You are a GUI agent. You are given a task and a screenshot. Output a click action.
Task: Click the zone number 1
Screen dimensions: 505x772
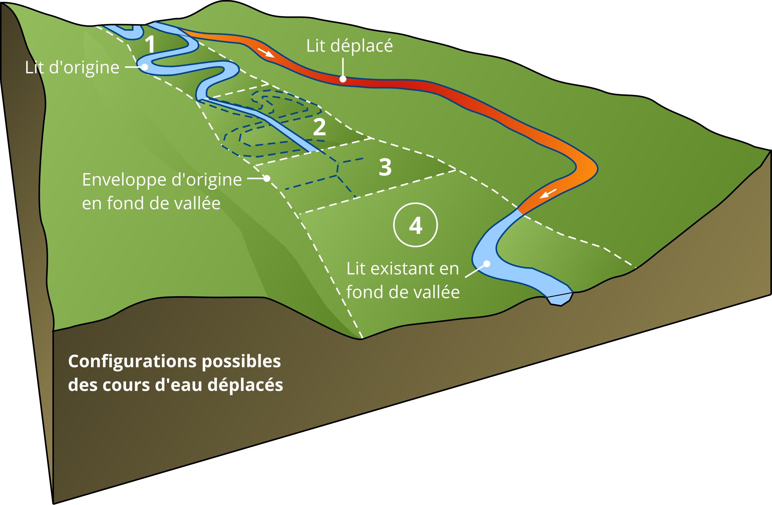point(150,44)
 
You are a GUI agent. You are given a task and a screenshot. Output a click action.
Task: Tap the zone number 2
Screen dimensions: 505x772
point(319,127)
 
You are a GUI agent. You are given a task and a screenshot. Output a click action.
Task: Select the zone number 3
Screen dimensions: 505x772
point(385,168)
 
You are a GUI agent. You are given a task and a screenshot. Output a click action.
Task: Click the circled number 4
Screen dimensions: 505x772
point(416,225)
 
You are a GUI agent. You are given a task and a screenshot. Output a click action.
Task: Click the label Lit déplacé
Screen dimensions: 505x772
point(349,46)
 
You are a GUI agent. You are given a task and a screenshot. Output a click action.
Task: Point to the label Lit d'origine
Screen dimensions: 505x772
point(72,68)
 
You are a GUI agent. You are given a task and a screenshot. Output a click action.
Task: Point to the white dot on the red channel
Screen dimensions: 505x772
point(343,79)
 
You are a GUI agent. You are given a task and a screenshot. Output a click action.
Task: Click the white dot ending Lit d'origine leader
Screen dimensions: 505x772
point(145,67)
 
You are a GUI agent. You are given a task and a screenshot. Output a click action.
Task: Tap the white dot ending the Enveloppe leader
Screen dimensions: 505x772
point(267,178)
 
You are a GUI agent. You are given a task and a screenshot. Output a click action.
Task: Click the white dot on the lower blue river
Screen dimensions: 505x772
point(487,264)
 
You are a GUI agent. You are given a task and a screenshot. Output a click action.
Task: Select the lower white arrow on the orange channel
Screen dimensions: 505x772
point(548,194)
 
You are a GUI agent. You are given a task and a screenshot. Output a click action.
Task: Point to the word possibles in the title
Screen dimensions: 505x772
point(241,361)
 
